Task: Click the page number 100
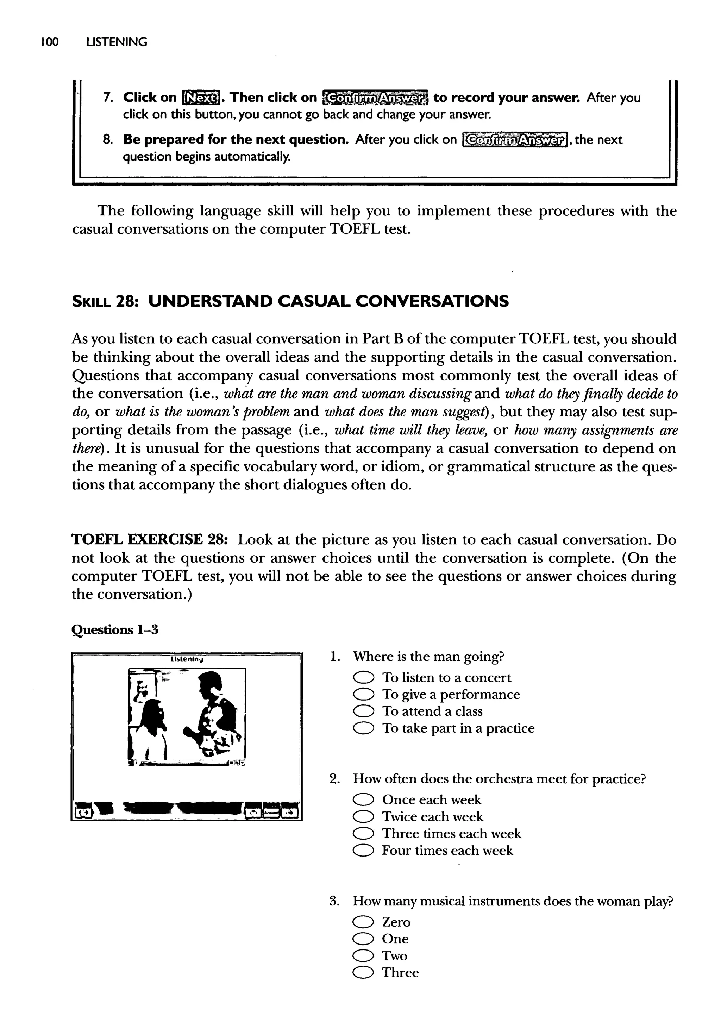click(x=49, y=42)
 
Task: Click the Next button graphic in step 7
click(x=201, y=97)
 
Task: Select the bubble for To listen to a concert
click(x=363, y=678)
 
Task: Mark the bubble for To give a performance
click(x=363, y=695)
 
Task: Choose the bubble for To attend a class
click(x=363, y=711)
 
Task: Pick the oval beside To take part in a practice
click(x=363, y=728)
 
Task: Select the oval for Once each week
click(x=363, y=800)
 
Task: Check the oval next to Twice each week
click(x=363, y=817)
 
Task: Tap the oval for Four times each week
click(x=363, y=851)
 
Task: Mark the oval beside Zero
click(x=363, y=922)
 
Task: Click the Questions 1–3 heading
click(x=114, y=630)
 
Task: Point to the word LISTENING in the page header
click(x=116, y=42)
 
